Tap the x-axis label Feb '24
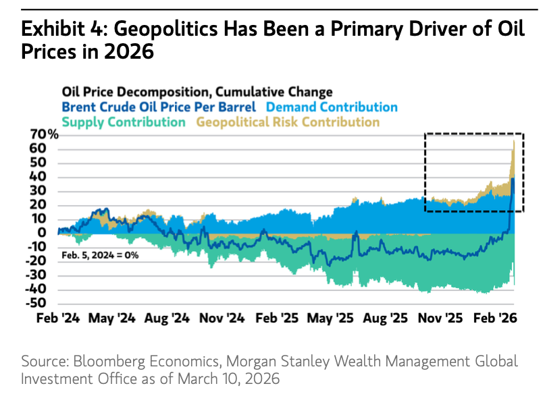(58, 318)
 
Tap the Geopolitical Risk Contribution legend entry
(288, 122)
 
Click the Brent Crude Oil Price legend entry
(159, 107)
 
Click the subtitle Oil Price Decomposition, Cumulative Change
(197, 91)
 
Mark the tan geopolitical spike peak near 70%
(514, 141)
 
